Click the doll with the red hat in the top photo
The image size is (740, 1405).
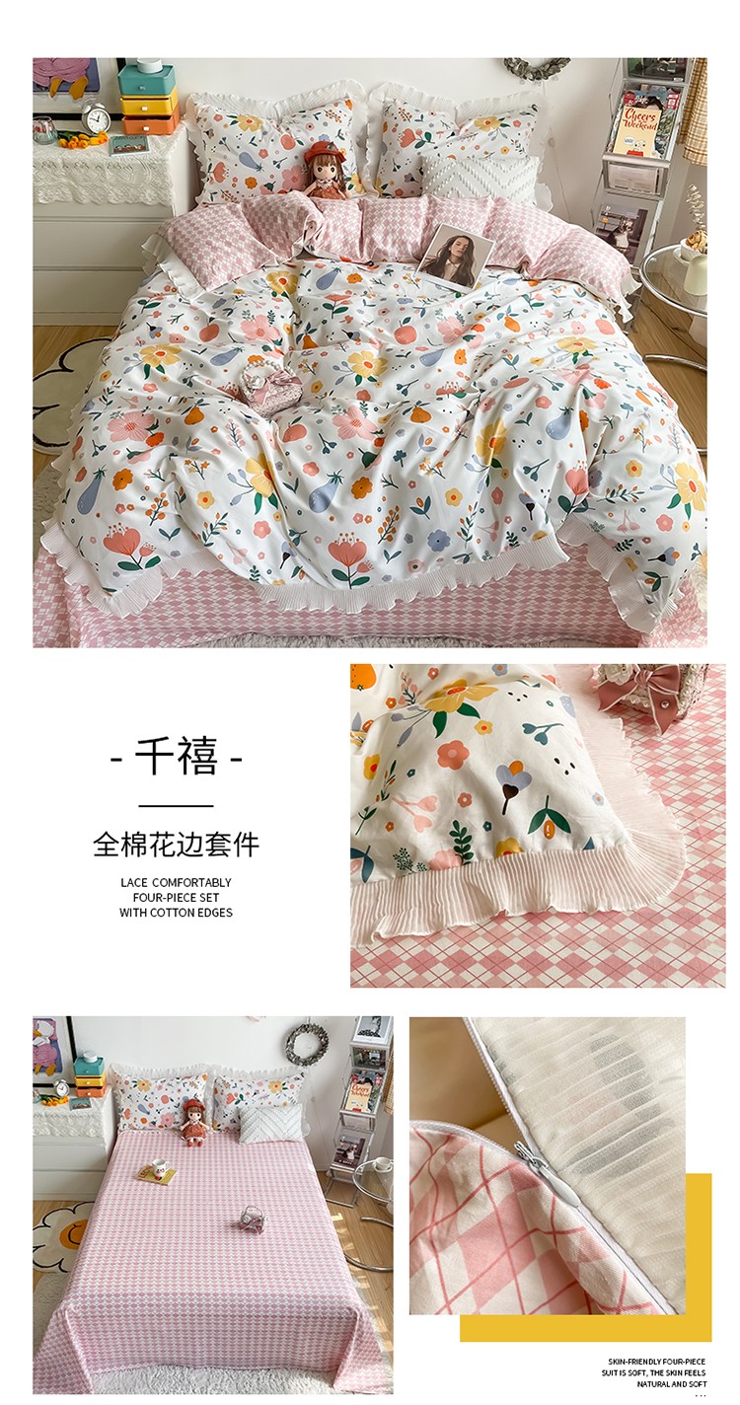click(x=325, y=172)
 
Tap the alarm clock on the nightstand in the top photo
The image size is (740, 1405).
click(x=96, y=118)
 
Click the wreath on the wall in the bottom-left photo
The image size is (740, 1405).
click(x=306, y=1044)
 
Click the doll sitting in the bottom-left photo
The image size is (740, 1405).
click(x=193, y=1122)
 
